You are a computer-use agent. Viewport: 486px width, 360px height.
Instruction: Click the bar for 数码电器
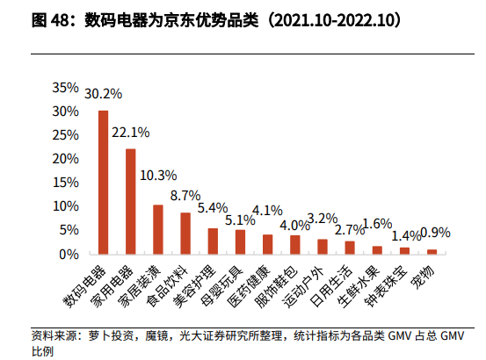pos(104,183)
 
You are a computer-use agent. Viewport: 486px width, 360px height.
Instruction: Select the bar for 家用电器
pos(131,201)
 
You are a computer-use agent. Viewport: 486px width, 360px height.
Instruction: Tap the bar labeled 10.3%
pos(158,229)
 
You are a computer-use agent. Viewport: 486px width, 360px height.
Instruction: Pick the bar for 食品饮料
pos(185,233)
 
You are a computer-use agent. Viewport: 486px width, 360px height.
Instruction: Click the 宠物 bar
pos(432,251)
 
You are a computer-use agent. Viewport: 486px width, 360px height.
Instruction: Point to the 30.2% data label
pos(104,93)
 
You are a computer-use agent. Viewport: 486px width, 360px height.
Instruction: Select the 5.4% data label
pos(213,208)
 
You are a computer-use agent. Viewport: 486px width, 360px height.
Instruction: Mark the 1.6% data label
pos(377,223)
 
